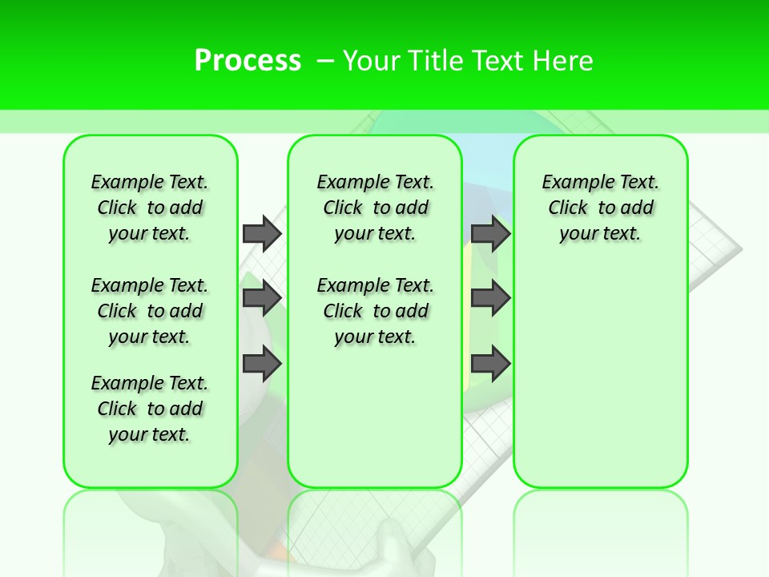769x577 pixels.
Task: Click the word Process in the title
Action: click(x=248, y=60)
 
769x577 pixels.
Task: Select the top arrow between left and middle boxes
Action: click(x=262, y=233)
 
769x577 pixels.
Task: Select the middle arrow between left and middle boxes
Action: click(x=262, y=298)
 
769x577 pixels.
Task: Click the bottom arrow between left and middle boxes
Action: click(x=262, y=364)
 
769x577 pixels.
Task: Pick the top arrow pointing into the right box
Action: click(x=490, y=233)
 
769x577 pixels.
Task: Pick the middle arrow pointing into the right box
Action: click(x=490, y=298)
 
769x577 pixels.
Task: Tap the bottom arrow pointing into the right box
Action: click(x=490, y=364)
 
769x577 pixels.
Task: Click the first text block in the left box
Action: click(x=150, y=208)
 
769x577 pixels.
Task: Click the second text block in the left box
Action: click(x=150, y=311)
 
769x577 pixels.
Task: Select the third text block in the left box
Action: click(x=150, y=409)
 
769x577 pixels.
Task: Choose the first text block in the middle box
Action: click(x=375, y=208)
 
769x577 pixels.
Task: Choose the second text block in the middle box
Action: click(x=375, y=311)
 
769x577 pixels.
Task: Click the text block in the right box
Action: click(x=600, y=208)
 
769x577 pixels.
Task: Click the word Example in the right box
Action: click(x=572, y=183)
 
